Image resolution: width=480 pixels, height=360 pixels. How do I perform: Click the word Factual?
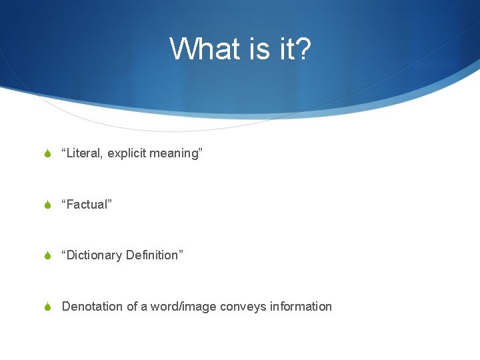pyautogui.click(x=87, y=205)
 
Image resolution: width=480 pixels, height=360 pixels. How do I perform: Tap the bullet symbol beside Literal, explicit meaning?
pyautogui.click(x=47, y=154)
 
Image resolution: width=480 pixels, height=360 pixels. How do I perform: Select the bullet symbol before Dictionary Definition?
pyautogui.click(x=47, y=256)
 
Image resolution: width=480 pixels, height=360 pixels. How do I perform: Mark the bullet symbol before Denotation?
pyautogui.click(x=47, y=307)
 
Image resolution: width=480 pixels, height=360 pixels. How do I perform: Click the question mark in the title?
pyautogui.click(x=303, y=49)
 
